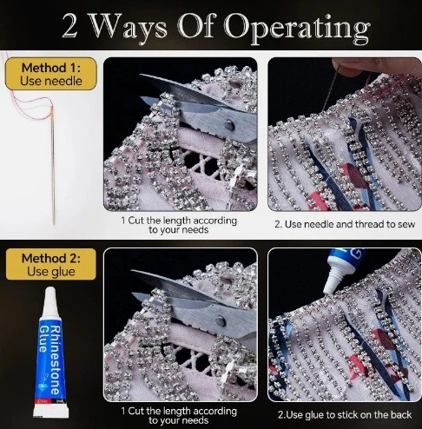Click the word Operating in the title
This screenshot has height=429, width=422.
pyautogui.click(x=297, y=29)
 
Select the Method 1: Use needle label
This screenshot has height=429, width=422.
pyautogui.click(x=51, y=74)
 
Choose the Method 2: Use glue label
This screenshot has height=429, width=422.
pyautogui.click(x=51, y=265)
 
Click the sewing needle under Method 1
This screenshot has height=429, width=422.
pyautogui.click(x=53, y=165)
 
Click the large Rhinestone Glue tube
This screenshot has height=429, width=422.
pyautogui.click(x=50, y=353)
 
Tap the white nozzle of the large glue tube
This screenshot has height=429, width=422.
pyautogui.click(x=50, y=302)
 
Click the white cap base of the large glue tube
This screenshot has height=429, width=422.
pyautogui.click(x=51, y=411)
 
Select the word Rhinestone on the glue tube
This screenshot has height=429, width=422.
pyautogui.click(x=56, y=360)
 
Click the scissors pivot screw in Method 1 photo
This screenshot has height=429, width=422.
pyautogui.click(x=229, y=125)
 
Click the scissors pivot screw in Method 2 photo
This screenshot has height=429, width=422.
pyautogui.click(x=221, y=320)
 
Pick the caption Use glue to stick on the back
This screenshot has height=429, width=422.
pyautogui.click(x=345, y=414)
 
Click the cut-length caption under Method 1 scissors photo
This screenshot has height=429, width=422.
pyautogui.click(x=179, y=225)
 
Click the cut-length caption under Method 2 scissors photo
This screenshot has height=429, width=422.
pyautogui.click(x=179, y=415)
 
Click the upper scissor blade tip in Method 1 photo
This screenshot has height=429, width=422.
pyautogui.click(x=140, y=75)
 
